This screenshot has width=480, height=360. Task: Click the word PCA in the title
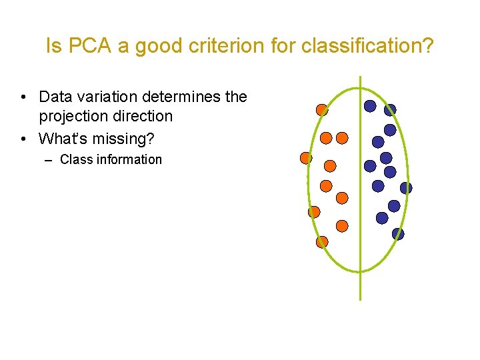(85, 46)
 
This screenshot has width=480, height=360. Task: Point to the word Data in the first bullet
(55, 97)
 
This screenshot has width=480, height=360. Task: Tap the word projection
(72, 116)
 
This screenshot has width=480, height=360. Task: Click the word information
(130, 159)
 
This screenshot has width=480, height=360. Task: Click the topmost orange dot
(322, 109)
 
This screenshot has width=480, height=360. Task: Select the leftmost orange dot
(306, 158)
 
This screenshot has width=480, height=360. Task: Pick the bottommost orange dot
(322, 242)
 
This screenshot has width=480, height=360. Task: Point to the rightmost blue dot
(406, 188)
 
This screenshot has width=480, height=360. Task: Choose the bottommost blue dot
(398, 233)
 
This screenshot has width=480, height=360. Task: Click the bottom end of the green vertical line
(360, 299)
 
